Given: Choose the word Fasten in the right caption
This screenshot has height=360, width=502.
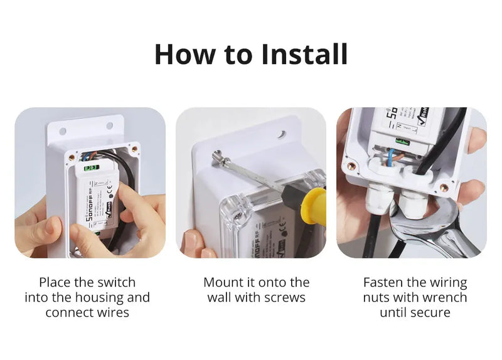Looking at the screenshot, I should (x=385, y=282).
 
